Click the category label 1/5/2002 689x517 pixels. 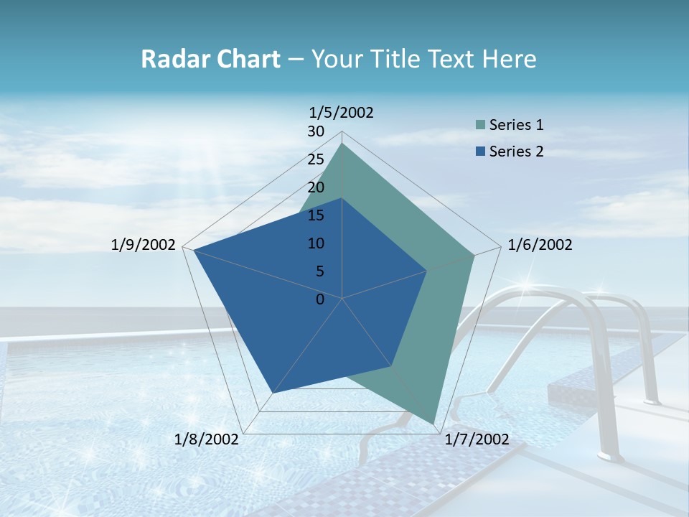(341, 113)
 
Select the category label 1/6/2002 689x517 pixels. (540, 245)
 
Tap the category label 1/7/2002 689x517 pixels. (477, 439)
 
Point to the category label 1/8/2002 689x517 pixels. (207, 439)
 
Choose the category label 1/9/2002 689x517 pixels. (144, 245)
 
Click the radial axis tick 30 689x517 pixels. (316, 131)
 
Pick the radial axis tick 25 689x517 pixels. (316, 159)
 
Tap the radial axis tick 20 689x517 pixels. (316, 187)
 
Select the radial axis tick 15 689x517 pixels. (316, 215)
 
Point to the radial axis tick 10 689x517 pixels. (316, 243)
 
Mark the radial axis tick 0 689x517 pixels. (320, 299)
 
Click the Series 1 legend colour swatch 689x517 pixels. (481, 125)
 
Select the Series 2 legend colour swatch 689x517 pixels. (481, 152)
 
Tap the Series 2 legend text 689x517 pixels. (516, 152)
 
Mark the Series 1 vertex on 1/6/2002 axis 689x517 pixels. (474, 255)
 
